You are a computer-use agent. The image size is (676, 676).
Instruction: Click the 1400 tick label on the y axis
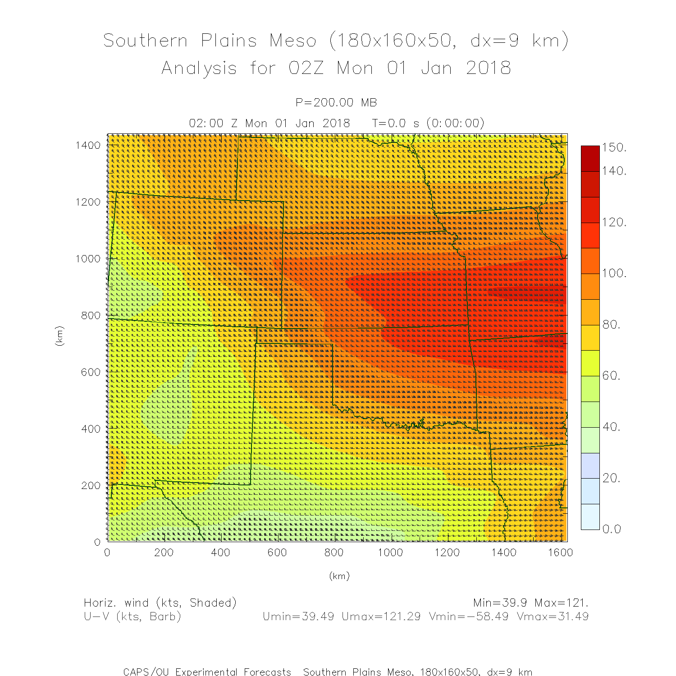pos(88,145)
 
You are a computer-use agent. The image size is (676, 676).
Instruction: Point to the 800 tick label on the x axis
pos(334,553)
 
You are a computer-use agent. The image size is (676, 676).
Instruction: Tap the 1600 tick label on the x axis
pos(560,553)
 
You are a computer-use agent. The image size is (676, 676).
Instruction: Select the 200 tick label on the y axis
pos(91,485)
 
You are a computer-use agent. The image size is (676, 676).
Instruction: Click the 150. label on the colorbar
pos(614,147)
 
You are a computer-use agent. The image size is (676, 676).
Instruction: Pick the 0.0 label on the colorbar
pos(612,529)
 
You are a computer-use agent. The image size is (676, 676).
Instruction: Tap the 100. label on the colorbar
pos(614,273)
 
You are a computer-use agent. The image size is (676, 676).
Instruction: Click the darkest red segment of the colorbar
pos(590,158)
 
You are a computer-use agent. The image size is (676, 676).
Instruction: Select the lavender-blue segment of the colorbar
pos(590,466)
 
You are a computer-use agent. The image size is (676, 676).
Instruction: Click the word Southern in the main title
pos(146,41)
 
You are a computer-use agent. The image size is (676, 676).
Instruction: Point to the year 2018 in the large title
pos(489,68)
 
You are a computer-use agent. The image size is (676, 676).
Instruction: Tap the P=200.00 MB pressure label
pos(336,103)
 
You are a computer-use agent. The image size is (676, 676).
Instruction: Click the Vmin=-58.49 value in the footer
pos(469,617)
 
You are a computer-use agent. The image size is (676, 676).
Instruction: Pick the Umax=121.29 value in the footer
pos(381,617)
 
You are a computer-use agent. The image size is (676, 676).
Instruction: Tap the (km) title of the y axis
pos(59,336)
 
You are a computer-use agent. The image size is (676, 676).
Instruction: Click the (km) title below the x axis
pos(339,576)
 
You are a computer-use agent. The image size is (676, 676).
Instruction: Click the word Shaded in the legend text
pos(211,603)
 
